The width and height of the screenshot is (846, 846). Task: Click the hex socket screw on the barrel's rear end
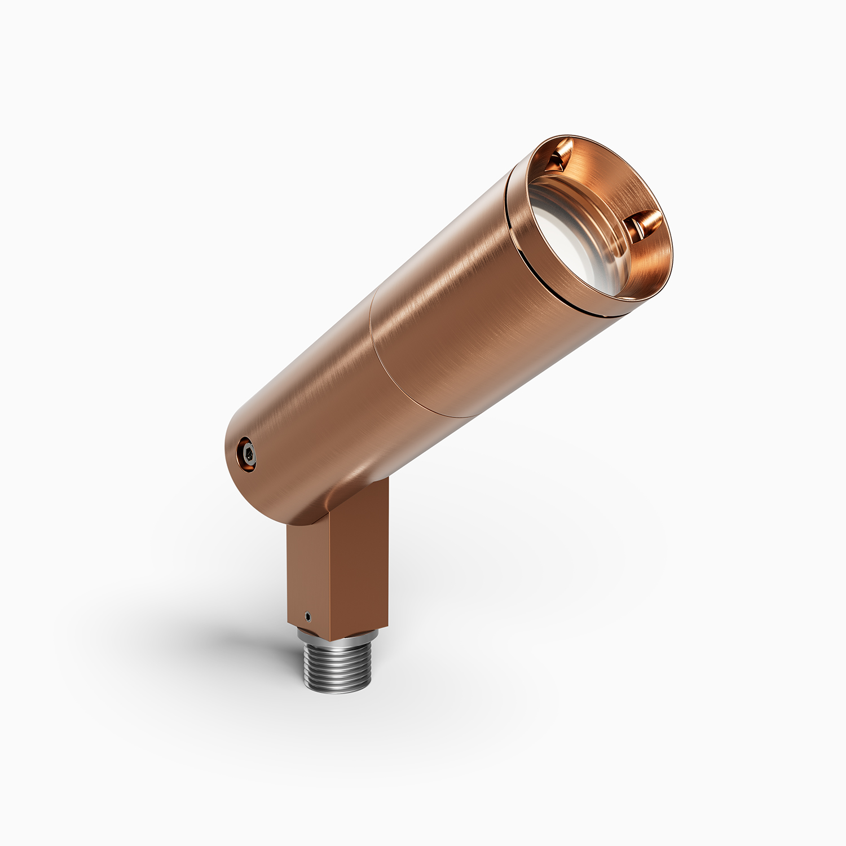247,452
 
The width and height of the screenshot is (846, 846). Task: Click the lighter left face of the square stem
305,570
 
